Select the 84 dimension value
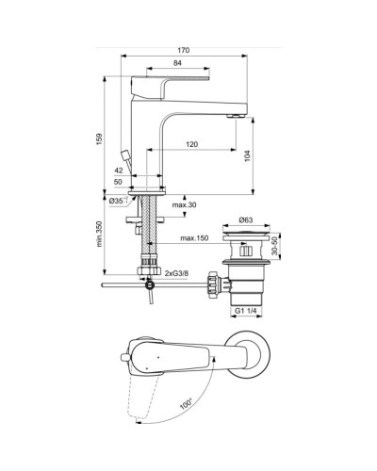tap(177, 63)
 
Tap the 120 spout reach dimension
tap(191, 144)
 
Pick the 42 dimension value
tap(118, 171)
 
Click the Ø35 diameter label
tap(116, 200)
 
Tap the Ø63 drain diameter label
tap(248, 220)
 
